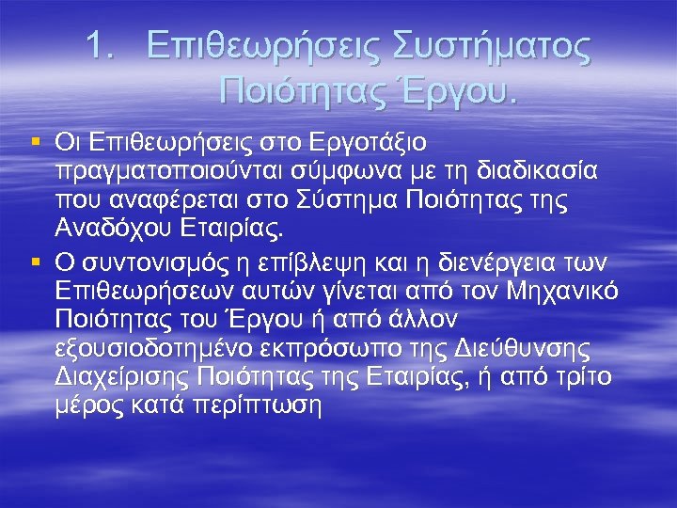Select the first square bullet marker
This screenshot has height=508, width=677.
click(36, 142)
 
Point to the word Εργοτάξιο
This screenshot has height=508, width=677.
click(371, 143)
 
